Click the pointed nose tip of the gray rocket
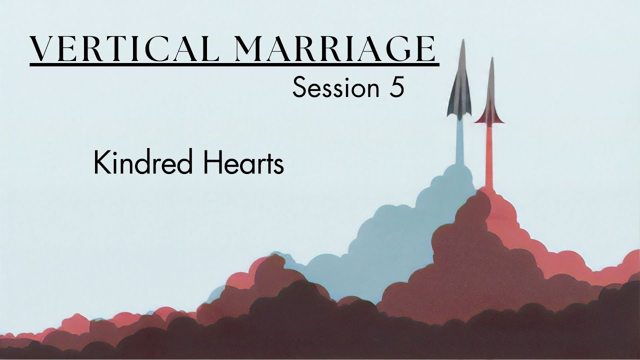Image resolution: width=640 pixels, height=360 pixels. tap(462, 41)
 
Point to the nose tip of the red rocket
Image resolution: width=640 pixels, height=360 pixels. tap(491, 59)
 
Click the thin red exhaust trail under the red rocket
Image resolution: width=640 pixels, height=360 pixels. tap(489, 155)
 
